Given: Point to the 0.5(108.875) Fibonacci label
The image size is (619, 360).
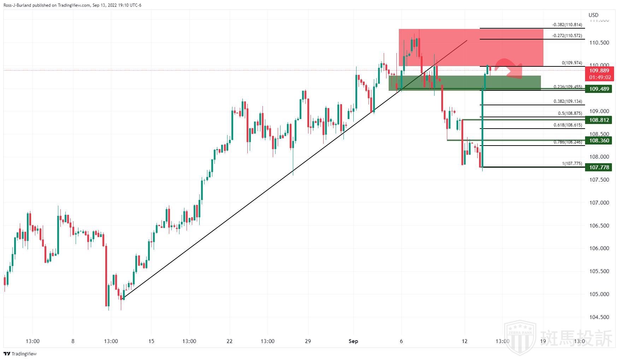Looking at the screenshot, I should tap(570, 113).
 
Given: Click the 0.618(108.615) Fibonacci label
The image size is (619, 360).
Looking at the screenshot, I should tap(567, 125).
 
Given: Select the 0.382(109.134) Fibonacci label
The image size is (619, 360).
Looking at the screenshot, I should tap(567, 101).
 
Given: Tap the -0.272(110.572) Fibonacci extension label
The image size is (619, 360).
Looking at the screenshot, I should tap(567, 36).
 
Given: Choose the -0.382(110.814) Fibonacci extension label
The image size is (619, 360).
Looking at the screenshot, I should tap(567, 25).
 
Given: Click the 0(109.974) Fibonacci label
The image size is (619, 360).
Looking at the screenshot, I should tap(572, 63).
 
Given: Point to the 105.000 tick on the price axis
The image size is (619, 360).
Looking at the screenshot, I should tap(599, 294).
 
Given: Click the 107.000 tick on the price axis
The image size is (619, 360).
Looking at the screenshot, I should tap(599, 203).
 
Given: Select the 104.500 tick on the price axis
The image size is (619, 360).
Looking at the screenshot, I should tap(599, 317).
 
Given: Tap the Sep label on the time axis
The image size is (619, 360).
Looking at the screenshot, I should tap(353, 341).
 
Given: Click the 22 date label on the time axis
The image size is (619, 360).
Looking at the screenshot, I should tap(230, 341).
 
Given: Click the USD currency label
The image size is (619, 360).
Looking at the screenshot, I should tap(594, 15).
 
